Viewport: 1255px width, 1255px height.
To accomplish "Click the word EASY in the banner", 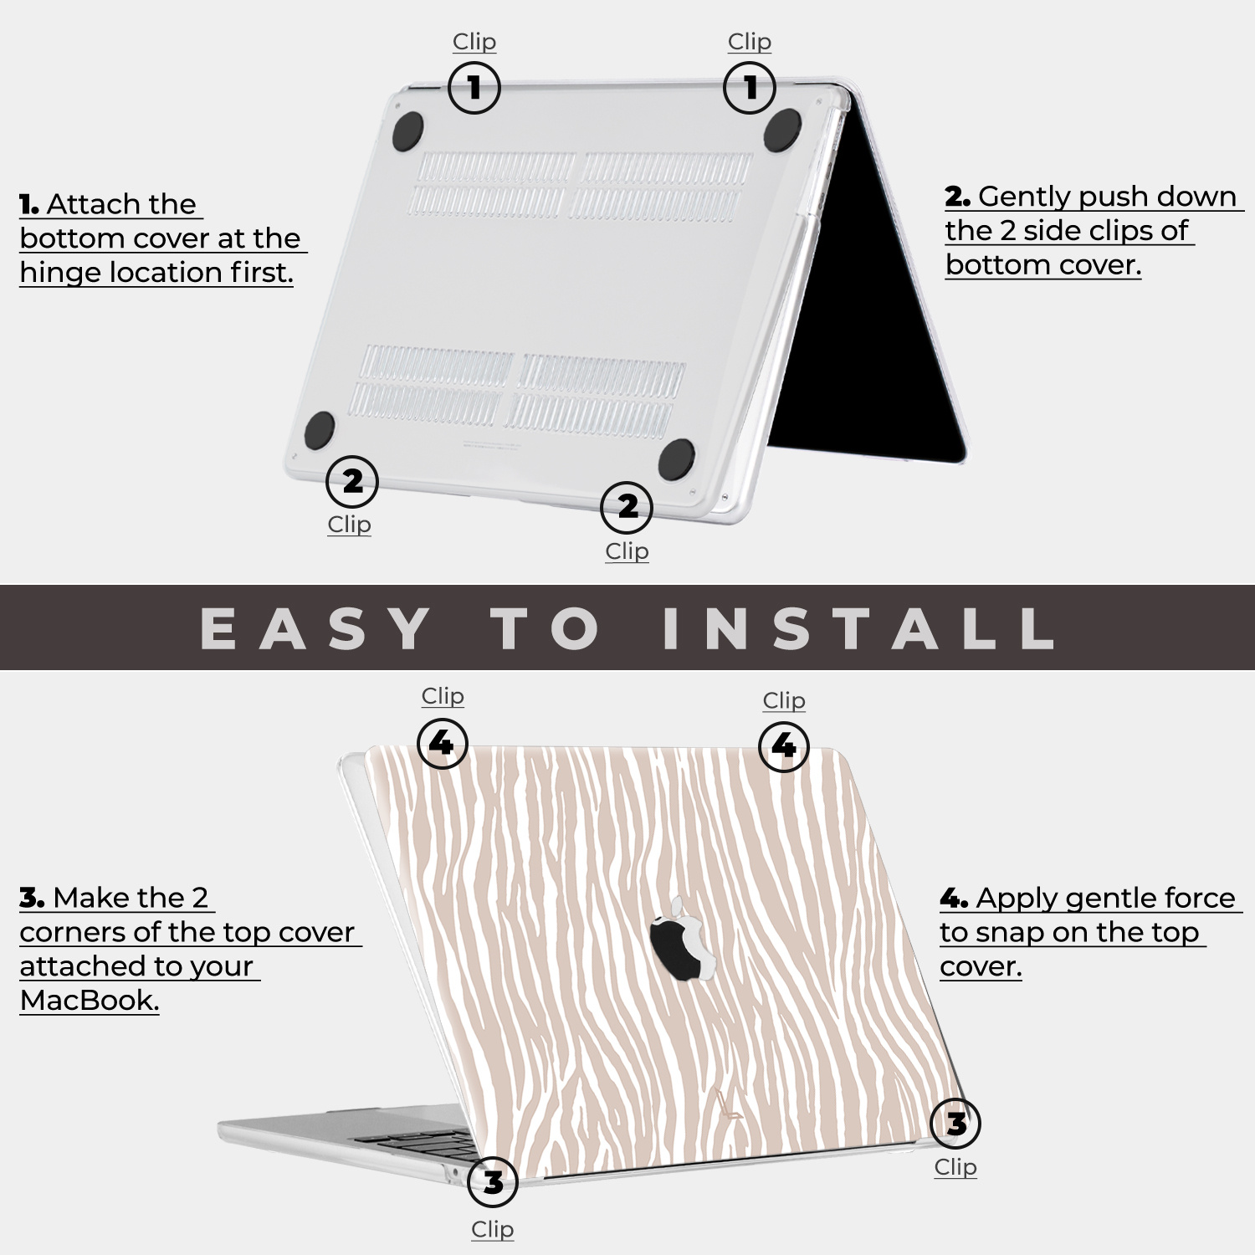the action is pos(316,628).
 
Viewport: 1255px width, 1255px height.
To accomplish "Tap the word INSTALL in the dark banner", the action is pos(858,628).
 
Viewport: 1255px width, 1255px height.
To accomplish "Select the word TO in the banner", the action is pos(546,628).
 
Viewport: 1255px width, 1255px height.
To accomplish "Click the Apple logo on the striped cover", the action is pos(684,938).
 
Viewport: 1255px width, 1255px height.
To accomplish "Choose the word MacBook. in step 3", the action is pos(90,1000).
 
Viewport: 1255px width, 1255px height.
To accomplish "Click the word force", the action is pos(1197,898).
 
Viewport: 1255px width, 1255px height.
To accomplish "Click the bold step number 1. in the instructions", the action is pos(29,204).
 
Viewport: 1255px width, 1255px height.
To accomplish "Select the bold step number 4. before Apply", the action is pos(955,899).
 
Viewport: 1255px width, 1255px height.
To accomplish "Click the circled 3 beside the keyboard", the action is pos(493,1181).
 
